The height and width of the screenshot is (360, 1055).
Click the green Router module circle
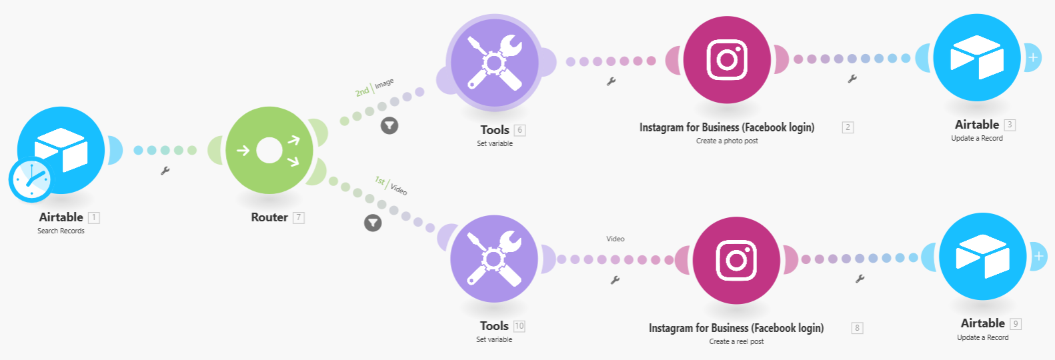pyautogui.click(x=269, y=151)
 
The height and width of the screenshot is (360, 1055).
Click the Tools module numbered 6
pyautogui.click(x=494, y=63)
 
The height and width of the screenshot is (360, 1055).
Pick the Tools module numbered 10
pyautogui.click(x=493, y=259)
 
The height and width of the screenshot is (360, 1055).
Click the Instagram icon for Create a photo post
pyautogui.click(x=727, y=60)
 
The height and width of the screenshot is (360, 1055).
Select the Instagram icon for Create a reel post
pyautogui.click(x=736, y=260)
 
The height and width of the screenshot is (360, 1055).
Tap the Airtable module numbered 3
pyautogui.click(x=976, y=58)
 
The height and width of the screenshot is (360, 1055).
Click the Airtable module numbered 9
pyautogui.click(x=982, y=257)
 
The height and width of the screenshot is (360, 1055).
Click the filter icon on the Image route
pyautogui.click(x=389, y=125)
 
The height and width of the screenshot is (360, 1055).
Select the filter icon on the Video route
pyautogui.click(x=373, y=223)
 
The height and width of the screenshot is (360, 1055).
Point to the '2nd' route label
pyautogui.click(x=362, y=92)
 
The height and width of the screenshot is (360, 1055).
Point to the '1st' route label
pyautogui.click(x=379, y=181)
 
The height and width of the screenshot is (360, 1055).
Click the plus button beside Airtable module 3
pyautogui.click(x=1033, y=57)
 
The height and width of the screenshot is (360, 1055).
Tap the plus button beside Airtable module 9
pyautogui.click(x=1038, y=256)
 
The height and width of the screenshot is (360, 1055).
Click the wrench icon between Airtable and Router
pyautogui.click(x=165, y=171)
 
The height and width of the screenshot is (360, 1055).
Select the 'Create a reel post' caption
pyautogui.click(x=736, y=341)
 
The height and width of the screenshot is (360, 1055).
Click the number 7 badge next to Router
pyautogui.click(x=299, y=217)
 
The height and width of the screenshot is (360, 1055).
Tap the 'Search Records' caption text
pyautogui.click(x=61, y=231)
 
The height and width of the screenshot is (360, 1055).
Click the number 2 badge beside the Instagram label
pyautogui.click(x=848, y=127)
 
